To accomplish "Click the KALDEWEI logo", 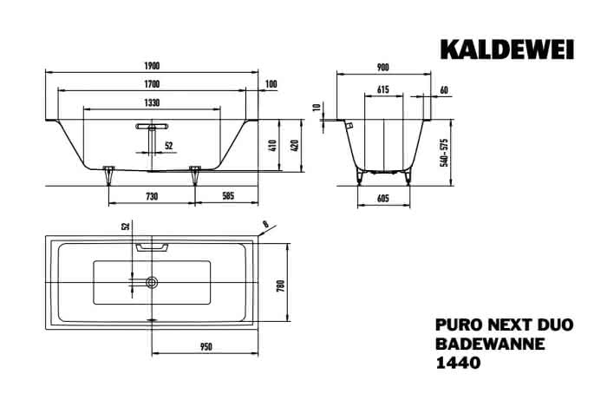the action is [x=506, y=49].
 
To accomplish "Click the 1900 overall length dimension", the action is [x=152, y=66].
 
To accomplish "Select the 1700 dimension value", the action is [x=152, y=84].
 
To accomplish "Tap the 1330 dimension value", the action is [x=152, y=102].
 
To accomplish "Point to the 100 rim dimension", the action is [x=271, y=84].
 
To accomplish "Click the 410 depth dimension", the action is [x=273, y=145].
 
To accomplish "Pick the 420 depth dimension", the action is [x=295, y=145].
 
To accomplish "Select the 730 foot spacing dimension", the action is [x=152, y=197].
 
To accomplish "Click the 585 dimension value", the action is [x=228, y=196].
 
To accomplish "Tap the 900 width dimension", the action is [x=382, y=68].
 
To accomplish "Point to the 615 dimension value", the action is [x=383, y=90].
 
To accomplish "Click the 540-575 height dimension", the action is [x=444, y=153].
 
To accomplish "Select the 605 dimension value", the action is [x=383, y=199].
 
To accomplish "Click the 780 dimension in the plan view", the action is [x=281, y=286].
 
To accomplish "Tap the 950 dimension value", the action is [x=206, y=347].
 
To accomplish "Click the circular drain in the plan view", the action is [x=152, y=282].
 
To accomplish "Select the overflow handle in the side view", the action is [x=152, y=126].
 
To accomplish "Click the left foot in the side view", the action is [x=108, y=175].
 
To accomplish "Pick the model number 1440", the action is [x=458, y=363].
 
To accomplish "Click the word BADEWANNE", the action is [x=490, y=344].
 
